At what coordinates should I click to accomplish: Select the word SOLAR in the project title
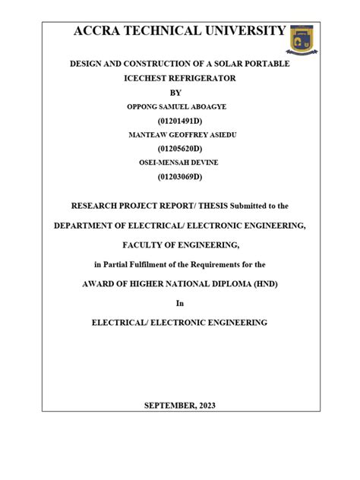coord(226,65)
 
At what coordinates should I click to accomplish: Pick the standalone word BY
coord(179,92)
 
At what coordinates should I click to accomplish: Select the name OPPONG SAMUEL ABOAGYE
coord(179,106)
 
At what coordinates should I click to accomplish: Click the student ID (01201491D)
coord(179,121)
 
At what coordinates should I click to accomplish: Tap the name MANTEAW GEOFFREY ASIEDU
coord(179,134)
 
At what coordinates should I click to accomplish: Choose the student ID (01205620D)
coord(179,149)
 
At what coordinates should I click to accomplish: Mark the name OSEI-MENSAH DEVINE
coord(179,163)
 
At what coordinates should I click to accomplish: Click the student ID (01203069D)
coord(179,177)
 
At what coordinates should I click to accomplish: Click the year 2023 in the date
coord(204,406)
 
